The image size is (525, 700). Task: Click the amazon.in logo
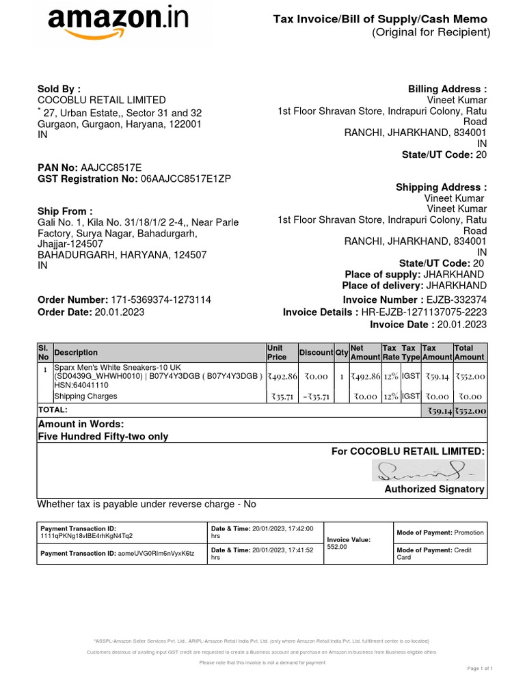(118, 25)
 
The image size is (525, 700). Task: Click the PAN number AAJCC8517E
(111, 167)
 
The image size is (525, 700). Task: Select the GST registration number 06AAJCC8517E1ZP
(186, 179)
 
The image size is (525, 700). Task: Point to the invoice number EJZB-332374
(456, 300)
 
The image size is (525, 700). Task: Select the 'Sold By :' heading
(59, 89)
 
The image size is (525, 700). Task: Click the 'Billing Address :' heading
(447, 89)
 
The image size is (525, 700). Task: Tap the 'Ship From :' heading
(65, 211)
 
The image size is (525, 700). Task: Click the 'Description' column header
(76, 353)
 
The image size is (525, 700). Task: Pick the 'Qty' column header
(341, 353)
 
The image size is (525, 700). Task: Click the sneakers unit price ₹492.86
(282, 376)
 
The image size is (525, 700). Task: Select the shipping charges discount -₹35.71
(317, 396)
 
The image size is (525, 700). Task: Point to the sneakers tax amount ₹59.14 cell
(437, 376)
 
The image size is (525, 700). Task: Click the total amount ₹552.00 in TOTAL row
(470, 411)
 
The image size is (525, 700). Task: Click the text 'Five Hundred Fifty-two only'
(103, 436)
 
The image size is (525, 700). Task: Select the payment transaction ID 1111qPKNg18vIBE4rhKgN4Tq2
(87, 536)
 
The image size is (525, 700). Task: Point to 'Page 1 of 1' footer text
(479, 668)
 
